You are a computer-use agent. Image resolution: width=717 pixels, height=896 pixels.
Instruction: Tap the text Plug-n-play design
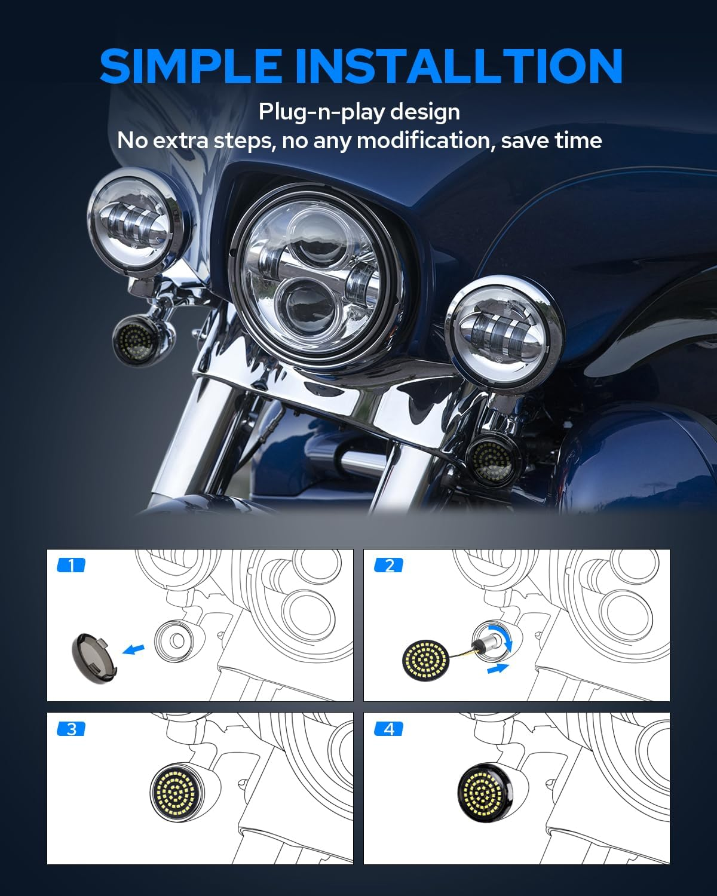[x=359, y=112]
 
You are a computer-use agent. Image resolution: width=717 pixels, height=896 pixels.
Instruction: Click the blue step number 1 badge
[x=71, y=565]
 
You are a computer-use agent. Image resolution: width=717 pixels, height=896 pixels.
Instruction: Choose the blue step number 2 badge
[x=389, y=565]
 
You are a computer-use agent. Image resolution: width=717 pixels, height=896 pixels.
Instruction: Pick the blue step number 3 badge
[x=71, y=729]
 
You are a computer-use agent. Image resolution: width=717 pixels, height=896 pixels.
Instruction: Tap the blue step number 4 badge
[x=389, y=729]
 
